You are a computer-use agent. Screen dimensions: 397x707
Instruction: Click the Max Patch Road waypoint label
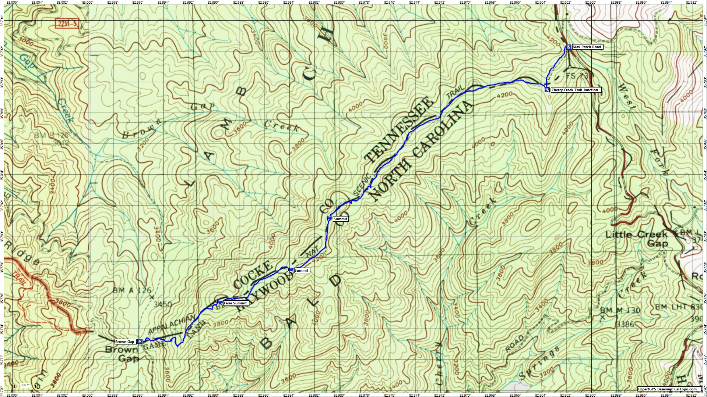click(x=587, y=47)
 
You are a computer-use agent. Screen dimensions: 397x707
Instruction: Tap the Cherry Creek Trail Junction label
click(x=574, y=90)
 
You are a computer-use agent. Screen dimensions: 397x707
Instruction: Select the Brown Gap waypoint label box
click(x=125, y=342)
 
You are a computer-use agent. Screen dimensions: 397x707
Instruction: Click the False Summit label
click(x=235, y=303)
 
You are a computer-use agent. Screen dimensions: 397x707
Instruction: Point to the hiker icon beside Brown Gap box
click(x=140, y=342)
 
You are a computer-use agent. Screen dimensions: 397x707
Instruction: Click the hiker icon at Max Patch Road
click(x=569, y=47)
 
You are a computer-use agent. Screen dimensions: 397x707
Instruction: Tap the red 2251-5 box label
click(x=67, y=24)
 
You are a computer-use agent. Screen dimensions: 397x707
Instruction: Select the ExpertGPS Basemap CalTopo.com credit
click(x=667, y=389)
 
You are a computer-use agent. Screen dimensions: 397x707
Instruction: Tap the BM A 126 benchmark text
click(x=132, y=290)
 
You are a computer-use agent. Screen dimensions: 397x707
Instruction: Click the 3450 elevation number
click(x=162, y=304)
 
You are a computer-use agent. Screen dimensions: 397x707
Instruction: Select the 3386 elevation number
click(x=625, y=324)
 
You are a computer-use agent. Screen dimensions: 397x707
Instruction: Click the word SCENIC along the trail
click(x=362, y=185)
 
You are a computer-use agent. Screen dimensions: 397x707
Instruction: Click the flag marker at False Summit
click(x=219, y=303)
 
